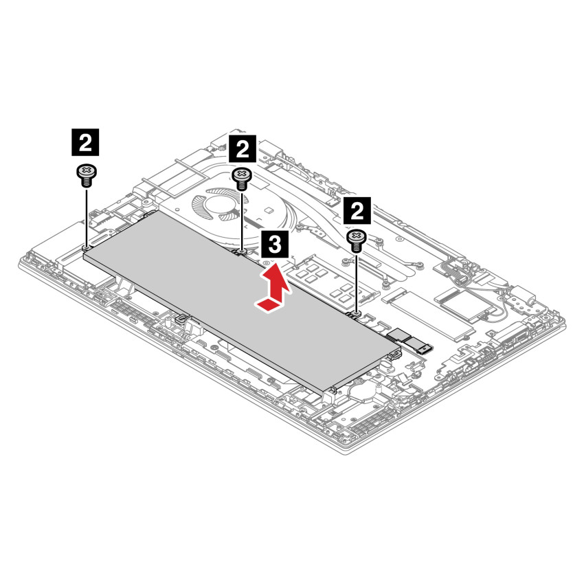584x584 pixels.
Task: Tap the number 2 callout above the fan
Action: pos(242,147)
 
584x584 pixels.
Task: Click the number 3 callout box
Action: pos(274,243)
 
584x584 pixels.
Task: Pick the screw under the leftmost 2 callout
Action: pos(85,175)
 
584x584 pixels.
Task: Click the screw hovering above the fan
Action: pos(242,178)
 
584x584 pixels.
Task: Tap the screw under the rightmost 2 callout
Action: pos(357,240)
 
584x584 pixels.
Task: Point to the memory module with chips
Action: pos(330,282)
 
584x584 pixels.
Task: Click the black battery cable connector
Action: pos(409,340)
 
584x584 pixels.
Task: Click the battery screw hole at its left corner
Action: pos(86,247)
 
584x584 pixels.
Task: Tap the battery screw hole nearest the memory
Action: pos(357,314)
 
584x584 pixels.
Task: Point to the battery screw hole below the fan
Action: pos(242,251)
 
